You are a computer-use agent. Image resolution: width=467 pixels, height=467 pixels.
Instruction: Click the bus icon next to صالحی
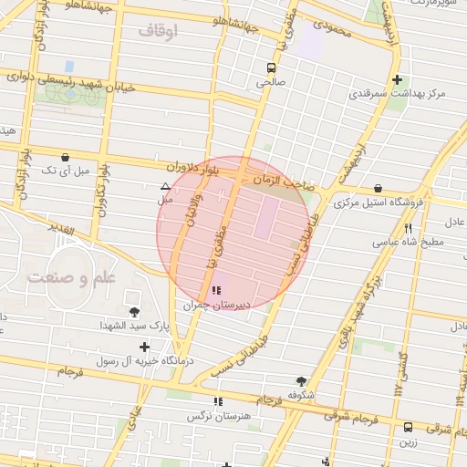click(270, 67)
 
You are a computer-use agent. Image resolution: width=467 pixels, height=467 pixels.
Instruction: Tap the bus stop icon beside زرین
click(408, 426)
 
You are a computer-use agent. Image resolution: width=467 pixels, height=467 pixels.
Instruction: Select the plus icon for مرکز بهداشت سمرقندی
click(396, 79)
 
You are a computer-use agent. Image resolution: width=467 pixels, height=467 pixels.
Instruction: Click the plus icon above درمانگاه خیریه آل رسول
click(144, 347)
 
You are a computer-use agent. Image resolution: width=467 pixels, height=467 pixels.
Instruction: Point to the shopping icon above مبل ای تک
click(65, 157)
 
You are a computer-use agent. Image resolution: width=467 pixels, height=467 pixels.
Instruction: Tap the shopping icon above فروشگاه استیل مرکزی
click(378, 189)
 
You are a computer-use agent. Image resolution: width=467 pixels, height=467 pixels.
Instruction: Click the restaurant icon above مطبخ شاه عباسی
click(408, 229)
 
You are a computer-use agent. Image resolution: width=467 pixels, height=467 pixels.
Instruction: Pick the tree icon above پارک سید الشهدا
click(134, 312)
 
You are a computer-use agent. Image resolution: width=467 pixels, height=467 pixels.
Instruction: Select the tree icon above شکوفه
click(301, 381)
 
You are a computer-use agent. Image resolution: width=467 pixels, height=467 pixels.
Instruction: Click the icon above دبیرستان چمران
click(215, 291)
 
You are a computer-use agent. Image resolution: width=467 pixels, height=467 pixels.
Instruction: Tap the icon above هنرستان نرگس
click(217, 401)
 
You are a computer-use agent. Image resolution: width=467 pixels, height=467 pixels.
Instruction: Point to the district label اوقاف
click(163, 31)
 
